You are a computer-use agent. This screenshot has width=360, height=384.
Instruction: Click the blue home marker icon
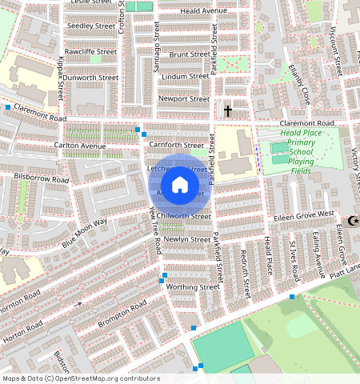pos(180,185)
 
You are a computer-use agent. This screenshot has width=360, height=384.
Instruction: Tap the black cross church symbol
pos(228,110)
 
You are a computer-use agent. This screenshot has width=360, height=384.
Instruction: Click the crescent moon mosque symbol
pos(353,220)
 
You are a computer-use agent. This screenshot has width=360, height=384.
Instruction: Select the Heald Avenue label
pos(203,10)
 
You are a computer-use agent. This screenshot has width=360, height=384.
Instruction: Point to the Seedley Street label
pos(91,26)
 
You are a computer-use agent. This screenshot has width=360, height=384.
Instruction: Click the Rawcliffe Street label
pos(91,52)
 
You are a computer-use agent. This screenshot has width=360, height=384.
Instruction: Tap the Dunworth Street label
pos(91,78)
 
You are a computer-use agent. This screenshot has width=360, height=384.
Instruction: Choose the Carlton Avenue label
pos(80,146)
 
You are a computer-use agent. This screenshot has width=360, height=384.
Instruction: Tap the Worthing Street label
pos(191,286)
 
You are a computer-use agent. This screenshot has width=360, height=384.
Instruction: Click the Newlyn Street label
pos(186,239)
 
